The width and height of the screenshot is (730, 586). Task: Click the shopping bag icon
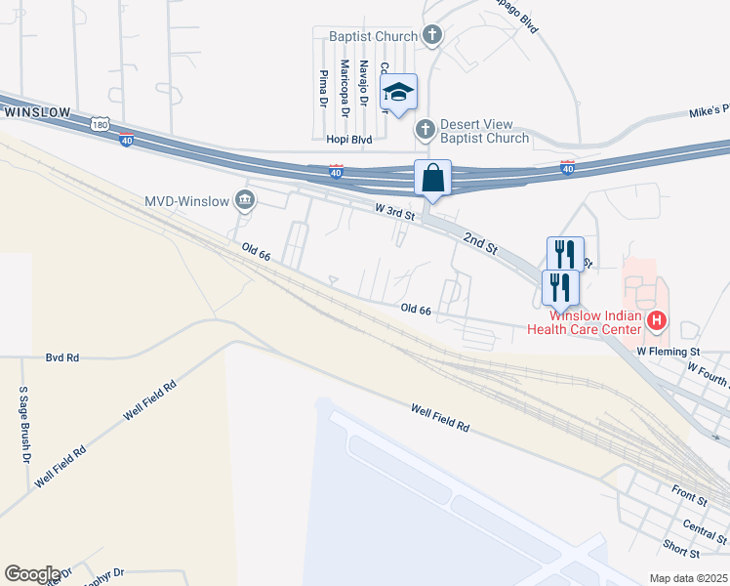point(433,179)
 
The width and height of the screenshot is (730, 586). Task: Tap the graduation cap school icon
point(398,93)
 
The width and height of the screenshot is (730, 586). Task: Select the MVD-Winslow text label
point(186,202)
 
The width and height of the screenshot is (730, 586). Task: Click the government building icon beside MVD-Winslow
point(244,201)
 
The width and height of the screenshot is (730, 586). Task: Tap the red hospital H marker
point(657,319)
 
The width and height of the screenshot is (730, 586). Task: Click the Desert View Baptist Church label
point(484,131)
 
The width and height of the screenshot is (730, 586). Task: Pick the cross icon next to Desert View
point(425,129)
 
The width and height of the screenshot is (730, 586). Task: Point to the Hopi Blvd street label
point(348,141)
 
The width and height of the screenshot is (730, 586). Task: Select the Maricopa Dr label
point(344,84)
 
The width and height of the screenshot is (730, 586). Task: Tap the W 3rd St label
point(396,211)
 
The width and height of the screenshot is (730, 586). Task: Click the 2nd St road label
point(480,240)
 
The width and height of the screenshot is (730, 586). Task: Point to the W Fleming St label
point(669,350)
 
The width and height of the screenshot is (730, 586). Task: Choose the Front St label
point(689,494)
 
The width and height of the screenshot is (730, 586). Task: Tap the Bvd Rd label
point(61,358)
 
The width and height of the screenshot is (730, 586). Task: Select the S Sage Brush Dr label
point(24,424)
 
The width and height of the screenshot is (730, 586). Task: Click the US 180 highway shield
point(99,124)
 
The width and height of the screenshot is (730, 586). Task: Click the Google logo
point(31,574)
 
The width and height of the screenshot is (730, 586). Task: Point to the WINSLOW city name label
point(36,112)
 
